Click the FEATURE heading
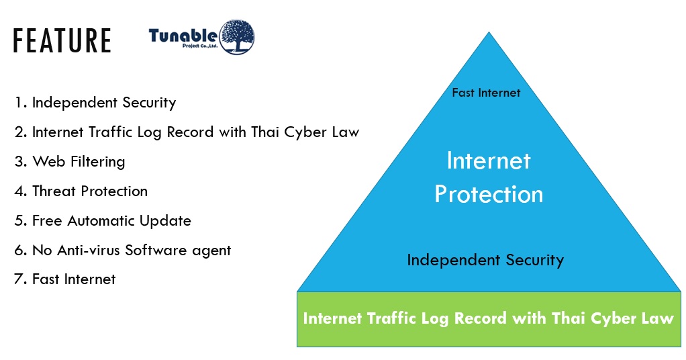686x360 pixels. (62, 41)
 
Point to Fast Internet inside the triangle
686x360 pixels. (486, 93)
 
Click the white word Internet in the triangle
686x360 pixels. (489, 161)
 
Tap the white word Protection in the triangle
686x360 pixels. (489, 194)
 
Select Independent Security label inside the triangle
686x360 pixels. (485, 260)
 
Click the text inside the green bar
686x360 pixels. (488, 318)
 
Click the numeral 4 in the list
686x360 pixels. (19, 191)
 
